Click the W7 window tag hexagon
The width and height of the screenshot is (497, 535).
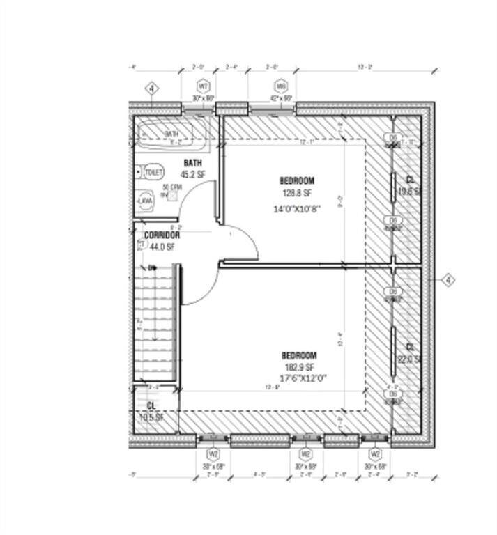point(204,86)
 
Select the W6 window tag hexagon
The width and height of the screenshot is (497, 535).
point(281,86)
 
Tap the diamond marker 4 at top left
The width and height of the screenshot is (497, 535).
point(152,89)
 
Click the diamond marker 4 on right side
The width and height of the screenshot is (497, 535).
point(448,280)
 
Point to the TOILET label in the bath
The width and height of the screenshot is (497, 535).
point(153,171)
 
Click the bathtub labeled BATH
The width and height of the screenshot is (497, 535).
point(171,134)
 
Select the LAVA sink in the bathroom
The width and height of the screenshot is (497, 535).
point(145,201)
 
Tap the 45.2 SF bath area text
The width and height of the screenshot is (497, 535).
point(192,175)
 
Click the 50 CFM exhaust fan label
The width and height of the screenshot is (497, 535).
point(171,187)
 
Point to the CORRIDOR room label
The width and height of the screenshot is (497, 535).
point(162,235)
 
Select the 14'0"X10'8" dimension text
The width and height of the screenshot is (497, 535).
point(297,208)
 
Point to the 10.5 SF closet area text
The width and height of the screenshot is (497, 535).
point(151,418)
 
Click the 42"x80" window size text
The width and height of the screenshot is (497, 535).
point(281,99)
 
